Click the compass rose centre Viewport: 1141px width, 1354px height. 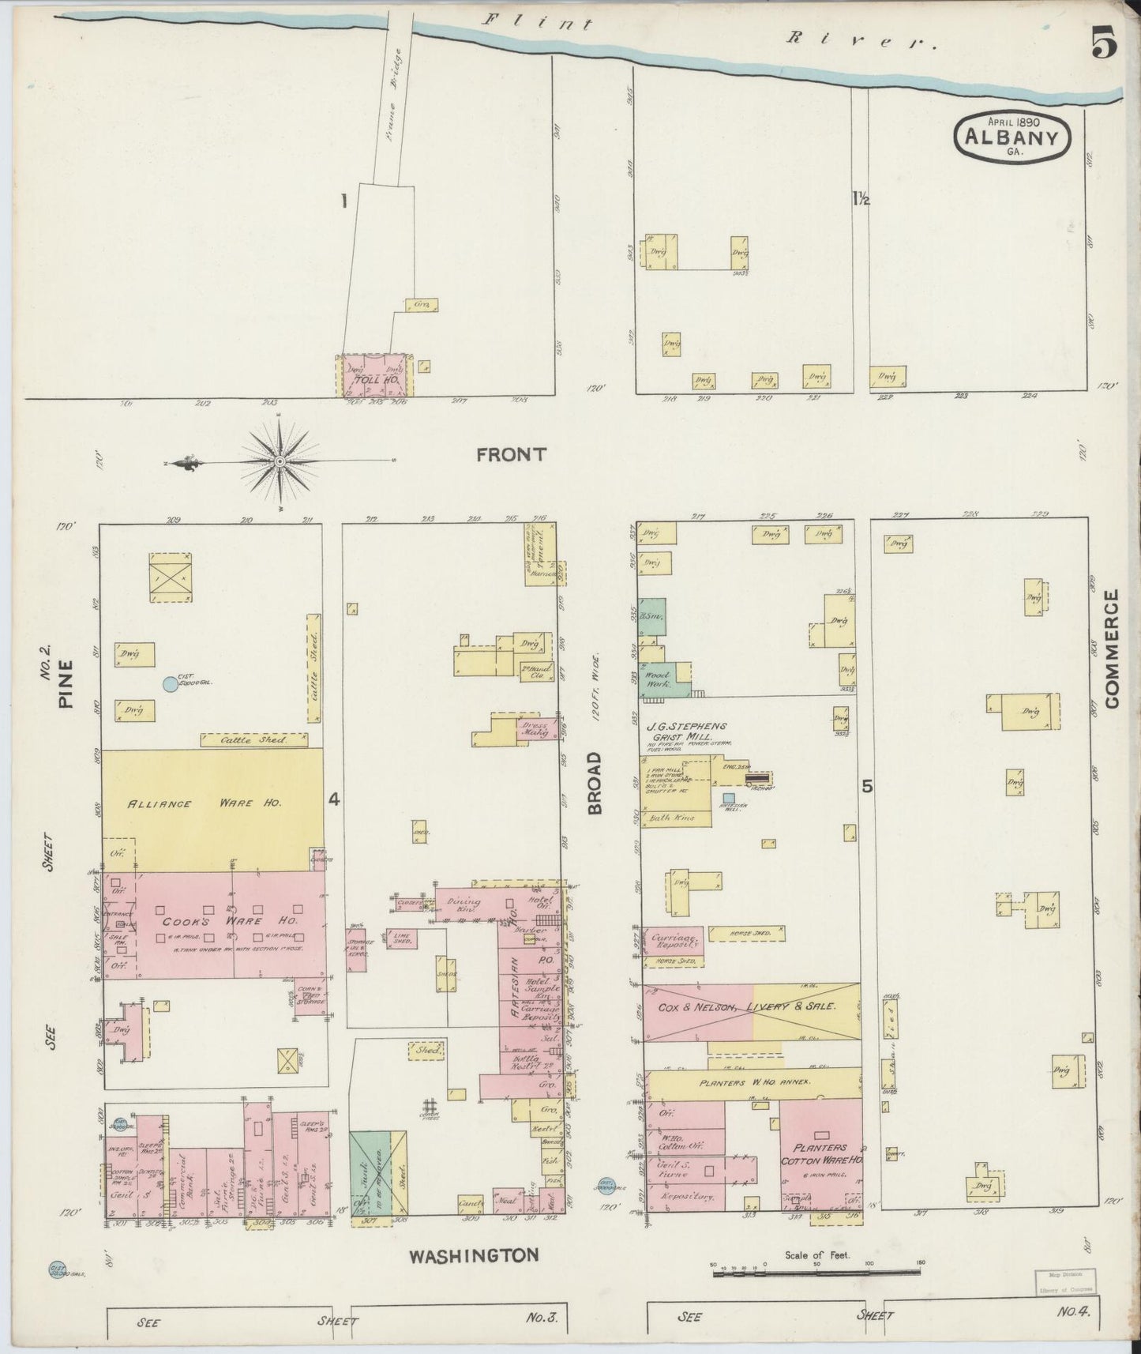coord(280,461)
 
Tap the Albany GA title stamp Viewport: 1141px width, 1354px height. coord(1012,136)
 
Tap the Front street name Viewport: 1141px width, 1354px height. coord(512,454)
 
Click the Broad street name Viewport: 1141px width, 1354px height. coord(595,782)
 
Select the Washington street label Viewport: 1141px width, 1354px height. coord(473,1254)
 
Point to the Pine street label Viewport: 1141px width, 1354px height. coord(65,683)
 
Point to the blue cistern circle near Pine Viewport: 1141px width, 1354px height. coord(170,684)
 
